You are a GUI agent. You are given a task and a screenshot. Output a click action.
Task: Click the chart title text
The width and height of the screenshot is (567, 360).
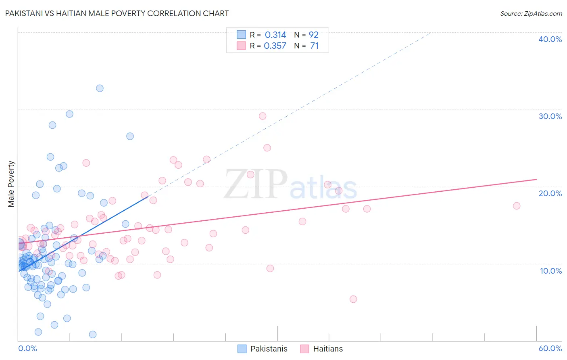[x=117, y=13]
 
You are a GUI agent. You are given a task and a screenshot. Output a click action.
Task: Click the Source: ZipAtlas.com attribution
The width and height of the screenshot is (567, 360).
[x=531, y=13]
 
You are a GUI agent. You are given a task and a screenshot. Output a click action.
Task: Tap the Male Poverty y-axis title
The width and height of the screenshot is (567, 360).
[x=11, y=184]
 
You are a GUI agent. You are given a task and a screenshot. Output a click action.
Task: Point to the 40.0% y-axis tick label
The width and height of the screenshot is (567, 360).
[x=550, y=39]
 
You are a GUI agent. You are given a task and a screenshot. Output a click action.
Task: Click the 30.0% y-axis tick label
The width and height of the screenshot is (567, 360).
[x=550, y=116]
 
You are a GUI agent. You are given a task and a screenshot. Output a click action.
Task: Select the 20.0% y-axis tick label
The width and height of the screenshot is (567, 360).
[x=550, y=193]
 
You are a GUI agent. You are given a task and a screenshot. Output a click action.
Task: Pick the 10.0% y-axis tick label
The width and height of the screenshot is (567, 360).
[x=550, y=270]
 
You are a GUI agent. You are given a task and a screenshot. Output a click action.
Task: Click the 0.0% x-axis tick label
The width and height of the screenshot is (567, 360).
[x=27, y=348]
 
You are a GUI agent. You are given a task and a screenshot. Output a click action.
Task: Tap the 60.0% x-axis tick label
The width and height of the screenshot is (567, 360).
[x=550, y=348]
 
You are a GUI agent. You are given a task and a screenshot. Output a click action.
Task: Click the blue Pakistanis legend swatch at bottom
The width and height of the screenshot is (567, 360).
[x=242, y=349]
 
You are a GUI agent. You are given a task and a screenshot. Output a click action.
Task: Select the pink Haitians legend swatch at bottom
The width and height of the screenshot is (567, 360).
[x=304, y=349]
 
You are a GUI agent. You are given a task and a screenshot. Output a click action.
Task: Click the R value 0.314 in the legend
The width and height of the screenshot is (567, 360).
[x=275, y=35]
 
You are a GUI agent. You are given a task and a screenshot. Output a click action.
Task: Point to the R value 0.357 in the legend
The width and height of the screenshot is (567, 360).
[x=275, y=46]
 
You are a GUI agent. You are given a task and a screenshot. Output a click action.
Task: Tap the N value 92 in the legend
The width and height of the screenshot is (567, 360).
[x=314, y=35]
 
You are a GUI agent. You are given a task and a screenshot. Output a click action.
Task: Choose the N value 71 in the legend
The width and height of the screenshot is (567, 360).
[x=314, y=46]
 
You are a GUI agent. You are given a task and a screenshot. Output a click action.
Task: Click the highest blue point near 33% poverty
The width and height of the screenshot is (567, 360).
[x=100, y=88]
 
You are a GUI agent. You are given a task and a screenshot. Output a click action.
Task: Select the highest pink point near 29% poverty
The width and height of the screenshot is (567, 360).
[x=263, y=116]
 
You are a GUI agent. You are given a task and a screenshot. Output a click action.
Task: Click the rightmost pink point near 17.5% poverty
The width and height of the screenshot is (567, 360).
[x=517, y=206]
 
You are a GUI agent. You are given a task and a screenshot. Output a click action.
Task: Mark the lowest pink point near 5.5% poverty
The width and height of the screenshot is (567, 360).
[x=353, y=299]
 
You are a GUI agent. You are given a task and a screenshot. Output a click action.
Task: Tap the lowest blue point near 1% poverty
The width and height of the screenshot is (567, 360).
[x=93, y=334]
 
